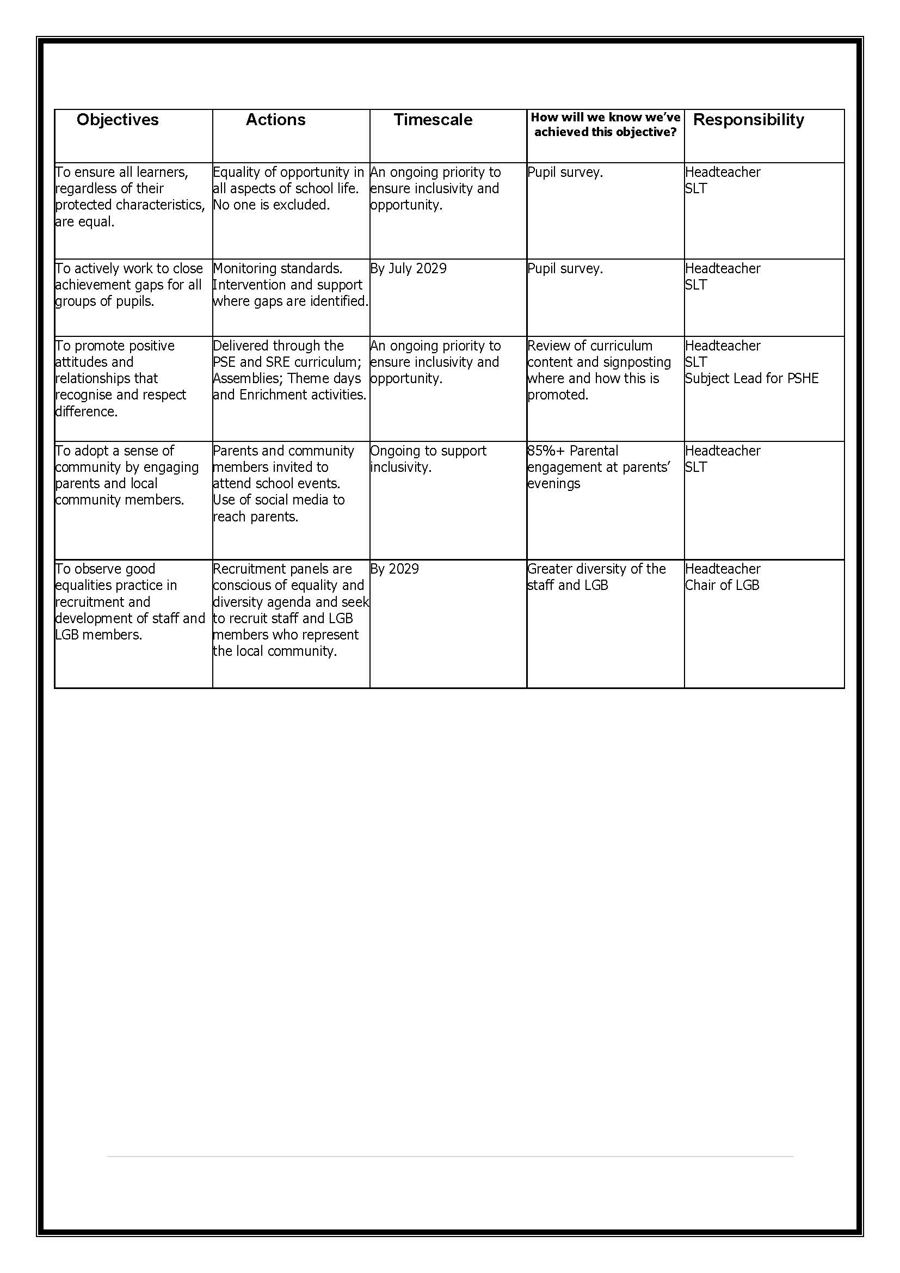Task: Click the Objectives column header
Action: pyautogui.click(x=118, y=120)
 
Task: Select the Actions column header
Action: pyautogui.click(x=275, y=120)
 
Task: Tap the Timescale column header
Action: pyautogui.click(x=433, y=120)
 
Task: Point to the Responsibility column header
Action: pyautogui.click(x=748, y=120)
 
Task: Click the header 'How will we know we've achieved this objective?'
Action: pyautogui.click(x=605, y=125)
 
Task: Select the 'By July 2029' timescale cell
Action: pyautogui.click(x=409, y=268)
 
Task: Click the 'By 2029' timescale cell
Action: pyautogui.click(x=394, y=569)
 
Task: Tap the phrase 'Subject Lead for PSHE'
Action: pyautogui.click(x=751, y=378)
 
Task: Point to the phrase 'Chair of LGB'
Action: pyautogui.click(x=722, y=585)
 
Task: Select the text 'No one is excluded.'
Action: pyautogui.click(x=272, y=205)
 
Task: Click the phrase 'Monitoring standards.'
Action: pyautogui.click(x=278, y=268)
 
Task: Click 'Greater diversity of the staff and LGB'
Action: pyautogui.click(x=596, y=576)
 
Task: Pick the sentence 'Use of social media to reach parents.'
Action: pyautogui.click(x=278, y=508)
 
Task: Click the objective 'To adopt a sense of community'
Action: pyautogui.click(x=126, y=475)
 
